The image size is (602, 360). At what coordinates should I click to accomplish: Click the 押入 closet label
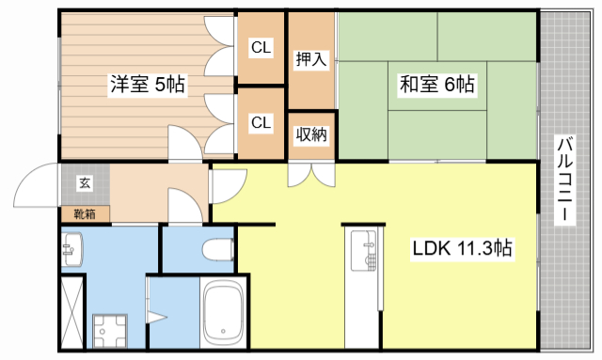tap(311, 59)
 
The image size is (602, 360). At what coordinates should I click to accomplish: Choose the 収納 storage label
tap(311, 134)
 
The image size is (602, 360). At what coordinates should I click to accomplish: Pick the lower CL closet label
tap(261, 122)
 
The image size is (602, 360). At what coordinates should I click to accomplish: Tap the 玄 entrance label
tap(85, 182)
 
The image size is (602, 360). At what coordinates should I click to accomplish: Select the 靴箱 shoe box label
tap(85, 214)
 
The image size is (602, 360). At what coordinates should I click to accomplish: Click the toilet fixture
tap(218, 249)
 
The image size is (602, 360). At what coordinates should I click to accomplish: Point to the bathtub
tap(224, 314)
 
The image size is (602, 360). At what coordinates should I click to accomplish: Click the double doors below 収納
tap(311, 174)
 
